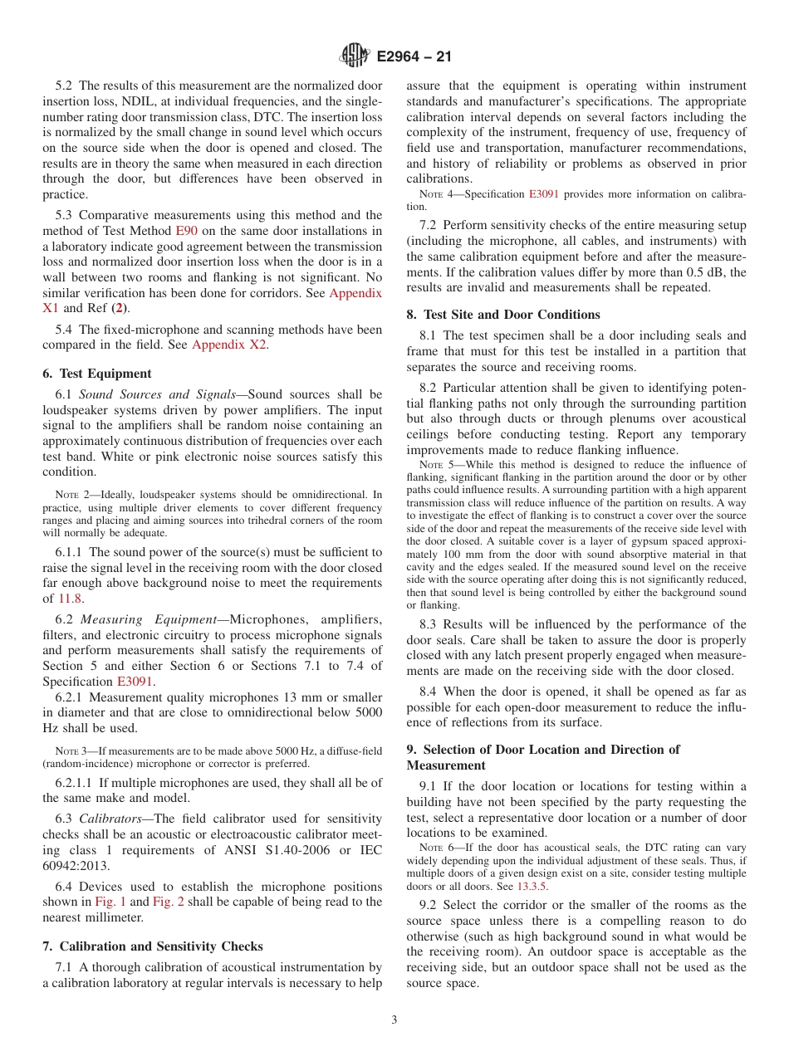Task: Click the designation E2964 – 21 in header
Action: point(414,57)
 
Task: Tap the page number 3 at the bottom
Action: point(394,1020)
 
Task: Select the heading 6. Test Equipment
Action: point(96,374)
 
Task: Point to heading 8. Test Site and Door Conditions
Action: point(502,315)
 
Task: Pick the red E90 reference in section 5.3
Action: point(184,231)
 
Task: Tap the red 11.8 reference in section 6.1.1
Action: point(70,598)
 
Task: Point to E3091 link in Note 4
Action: point(543,194)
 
